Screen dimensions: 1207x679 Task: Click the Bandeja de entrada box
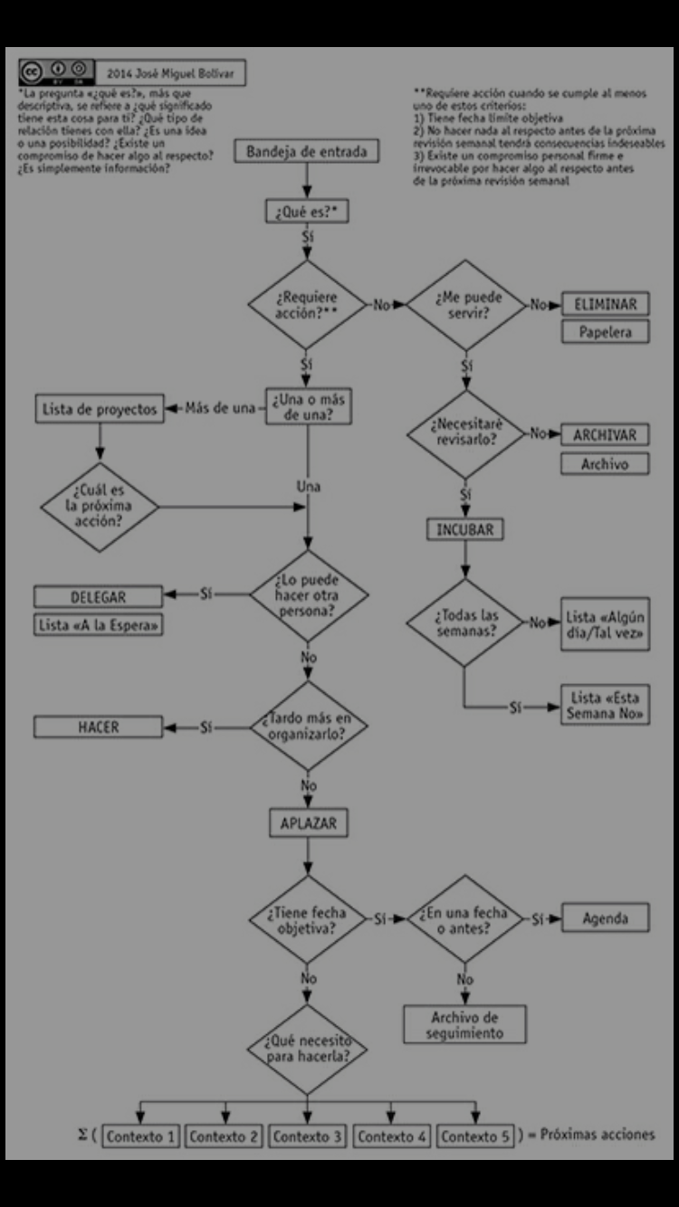(307, 152)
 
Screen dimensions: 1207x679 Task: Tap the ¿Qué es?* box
(307, 213)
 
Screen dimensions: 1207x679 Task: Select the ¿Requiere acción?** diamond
(307, 305)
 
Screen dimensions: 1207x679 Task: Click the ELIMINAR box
(606, 304)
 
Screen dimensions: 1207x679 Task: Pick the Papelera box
(606, 332)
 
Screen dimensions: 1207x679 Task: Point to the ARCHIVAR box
(605, 434)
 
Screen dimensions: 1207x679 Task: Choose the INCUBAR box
(465, 529)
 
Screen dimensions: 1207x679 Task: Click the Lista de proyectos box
(100, 409)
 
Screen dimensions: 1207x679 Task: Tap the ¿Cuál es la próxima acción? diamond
(99, 505)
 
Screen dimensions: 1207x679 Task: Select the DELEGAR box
(99, 597)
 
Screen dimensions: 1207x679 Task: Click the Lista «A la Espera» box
(100, 624)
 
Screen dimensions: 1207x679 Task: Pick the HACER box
(99, 727)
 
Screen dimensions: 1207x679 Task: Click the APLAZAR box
(308, 823)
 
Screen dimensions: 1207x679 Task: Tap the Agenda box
(606, 918)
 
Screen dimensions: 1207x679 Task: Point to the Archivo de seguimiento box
(464, 1024)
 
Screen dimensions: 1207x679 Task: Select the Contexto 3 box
(307, 1136)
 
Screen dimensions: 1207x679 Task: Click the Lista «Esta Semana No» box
(606, 706)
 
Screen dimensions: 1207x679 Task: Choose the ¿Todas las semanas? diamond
(464, 623)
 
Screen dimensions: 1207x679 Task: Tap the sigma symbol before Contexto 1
(82, 1136)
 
